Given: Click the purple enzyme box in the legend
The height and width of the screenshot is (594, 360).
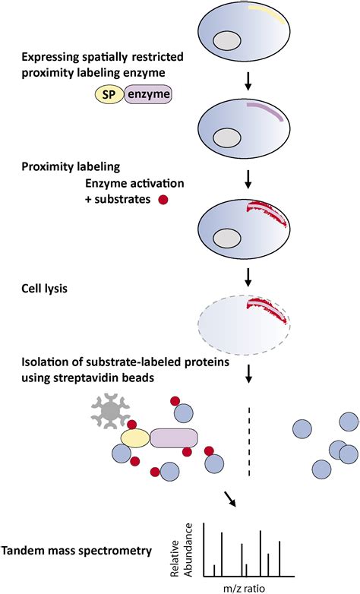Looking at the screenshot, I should [x=148, y=93].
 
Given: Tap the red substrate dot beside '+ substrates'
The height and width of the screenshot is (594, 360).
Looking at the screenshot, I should [x=161, y=201].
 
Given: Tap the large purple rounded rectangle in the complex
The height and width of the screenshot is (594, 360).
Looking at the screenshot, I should [x=173, y=438].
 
